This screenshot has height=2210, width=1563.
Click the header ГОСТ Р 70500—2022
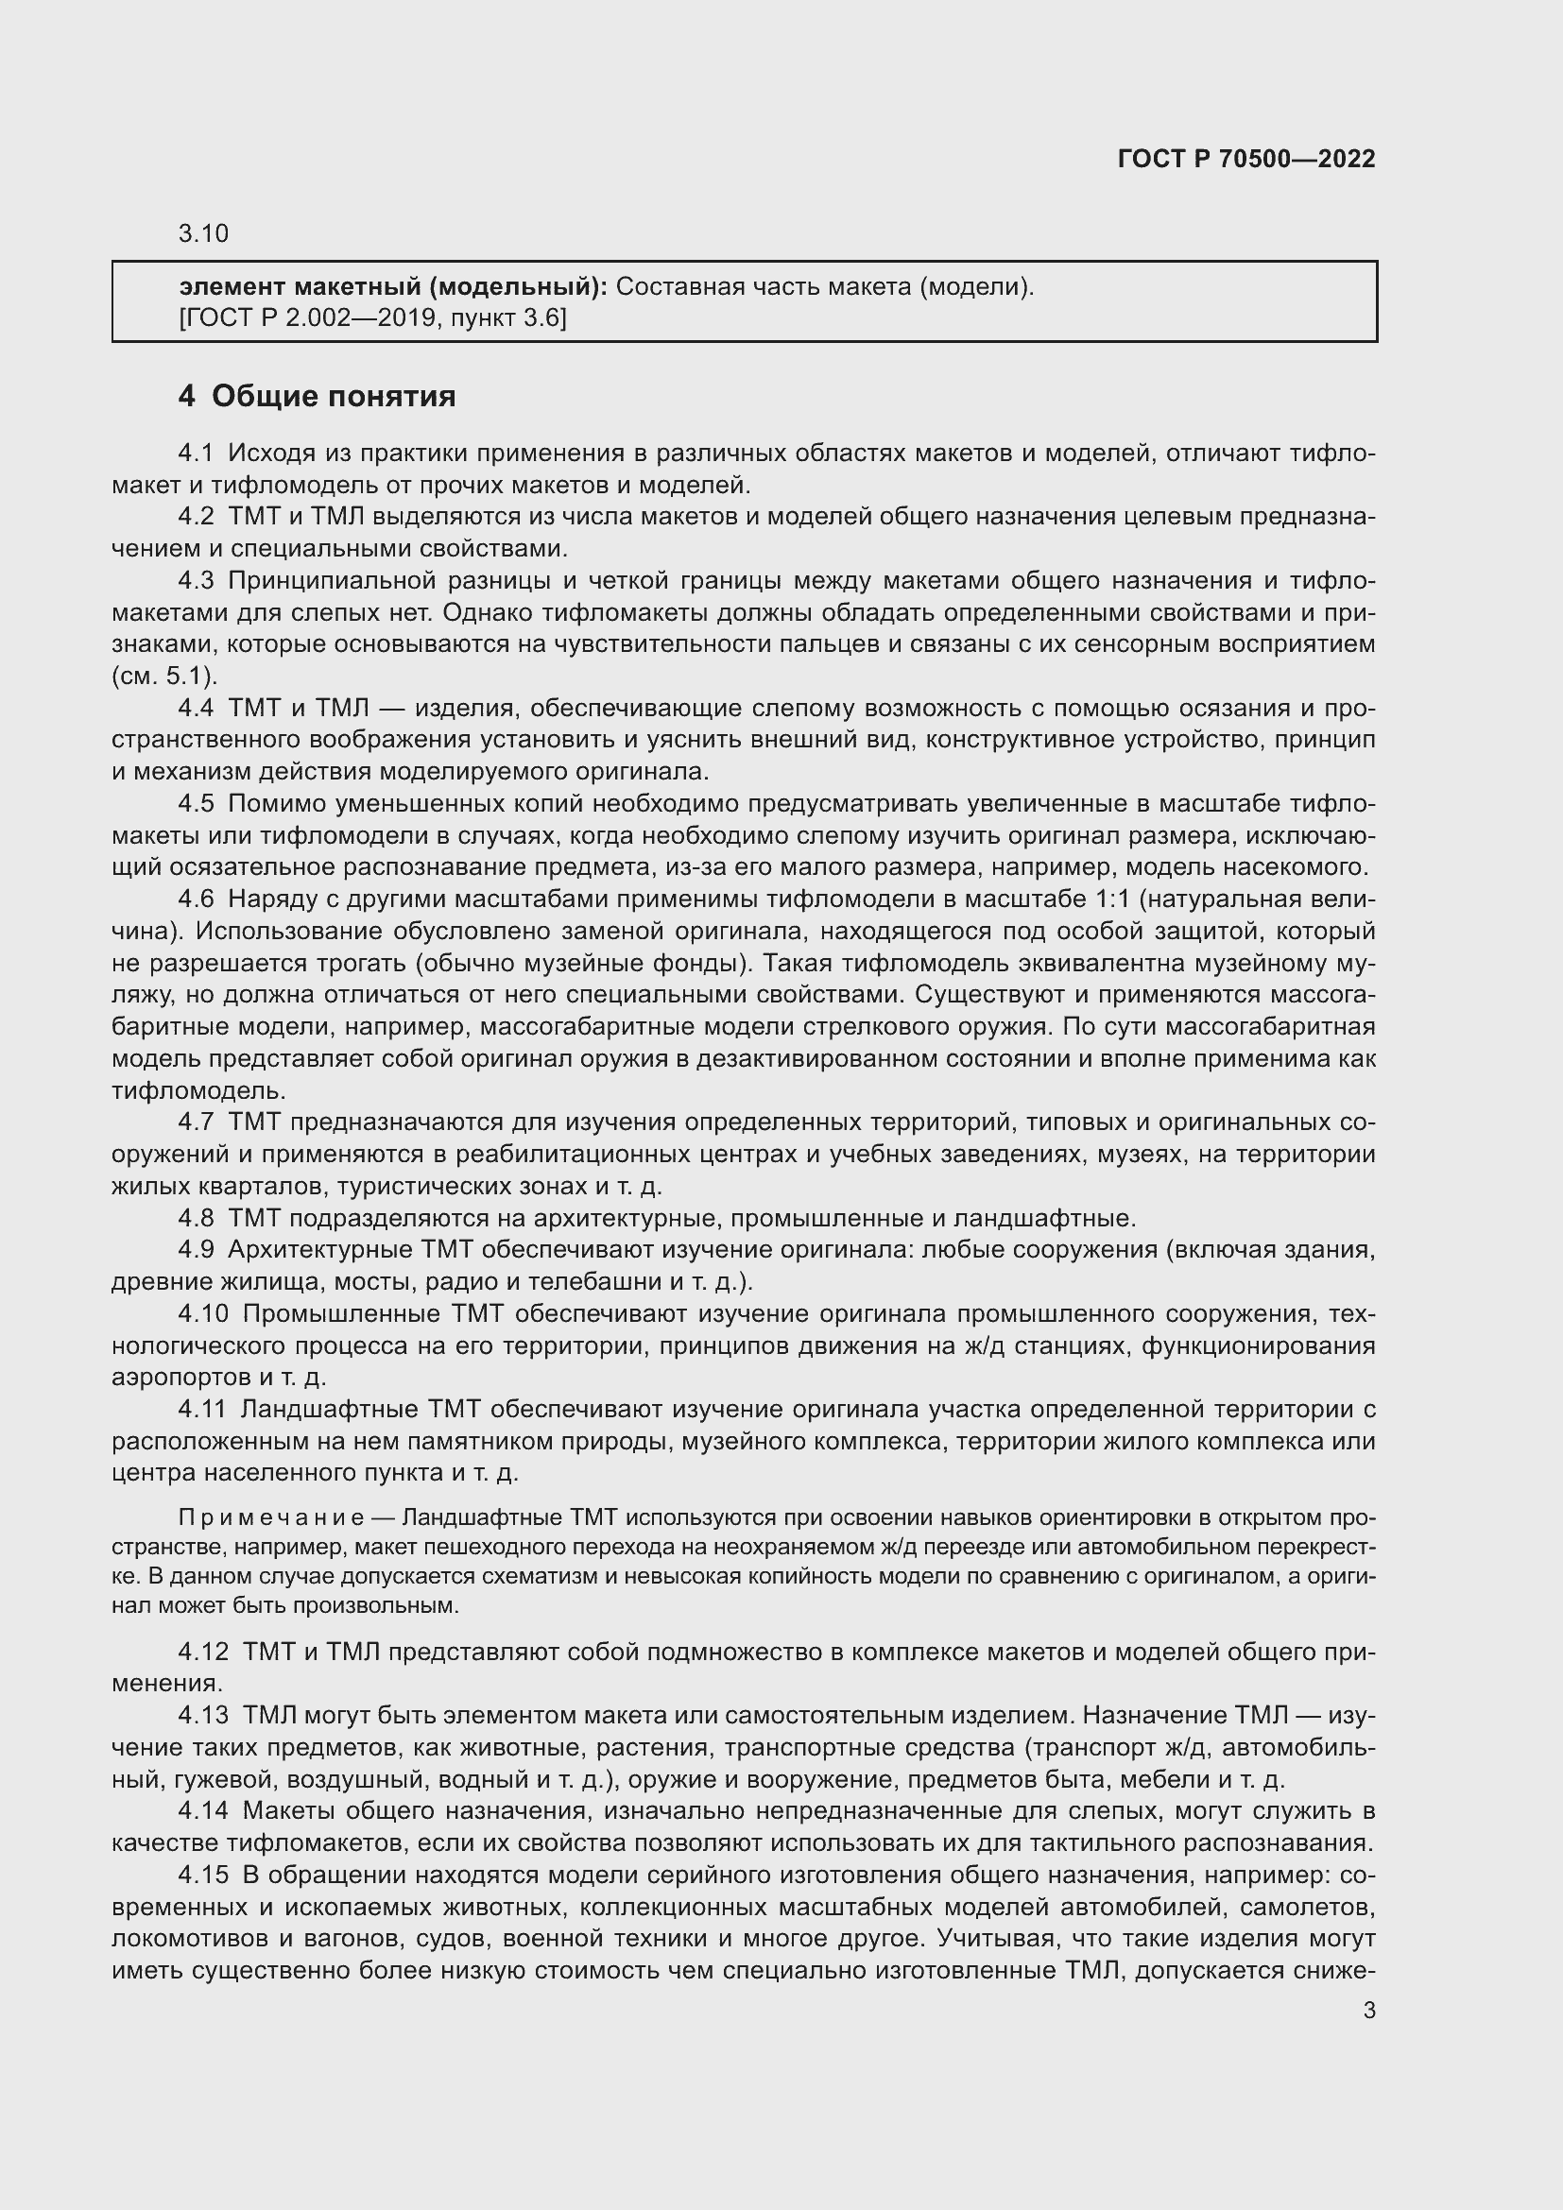[1246, 159]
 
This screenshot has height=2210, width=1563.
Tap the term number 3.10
[203, 234]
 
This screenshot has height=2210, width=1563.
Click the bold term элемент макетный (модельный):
[393, 287]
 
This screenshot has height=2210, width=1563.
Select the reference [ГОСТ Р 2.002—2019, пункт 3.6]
[372, 317]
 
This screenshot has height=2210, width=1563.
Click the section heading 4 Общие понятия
[317, 396]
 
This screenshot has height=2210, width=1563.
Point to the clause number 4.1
[197, 453]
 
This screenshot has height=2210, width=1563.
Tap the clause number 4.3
[197, 580]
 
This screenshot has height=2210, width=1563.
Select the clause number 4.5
[197, 804]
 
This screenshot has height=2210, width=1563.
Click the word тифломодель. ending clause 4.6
[199, 1090]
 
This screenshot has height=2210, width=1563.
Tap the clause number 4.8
[197, 1219]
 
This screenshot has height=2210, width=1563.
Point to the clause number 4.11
[201, 1409]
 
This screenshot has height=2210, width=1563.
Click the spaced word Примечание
[270, 1518]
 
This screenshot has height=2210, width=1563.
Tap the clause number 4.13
[203, 1715]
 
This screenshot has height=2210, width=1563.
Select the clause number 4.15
[203, 1875]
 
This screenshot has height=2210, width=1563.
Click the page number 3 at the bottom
[1368, 2011]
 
